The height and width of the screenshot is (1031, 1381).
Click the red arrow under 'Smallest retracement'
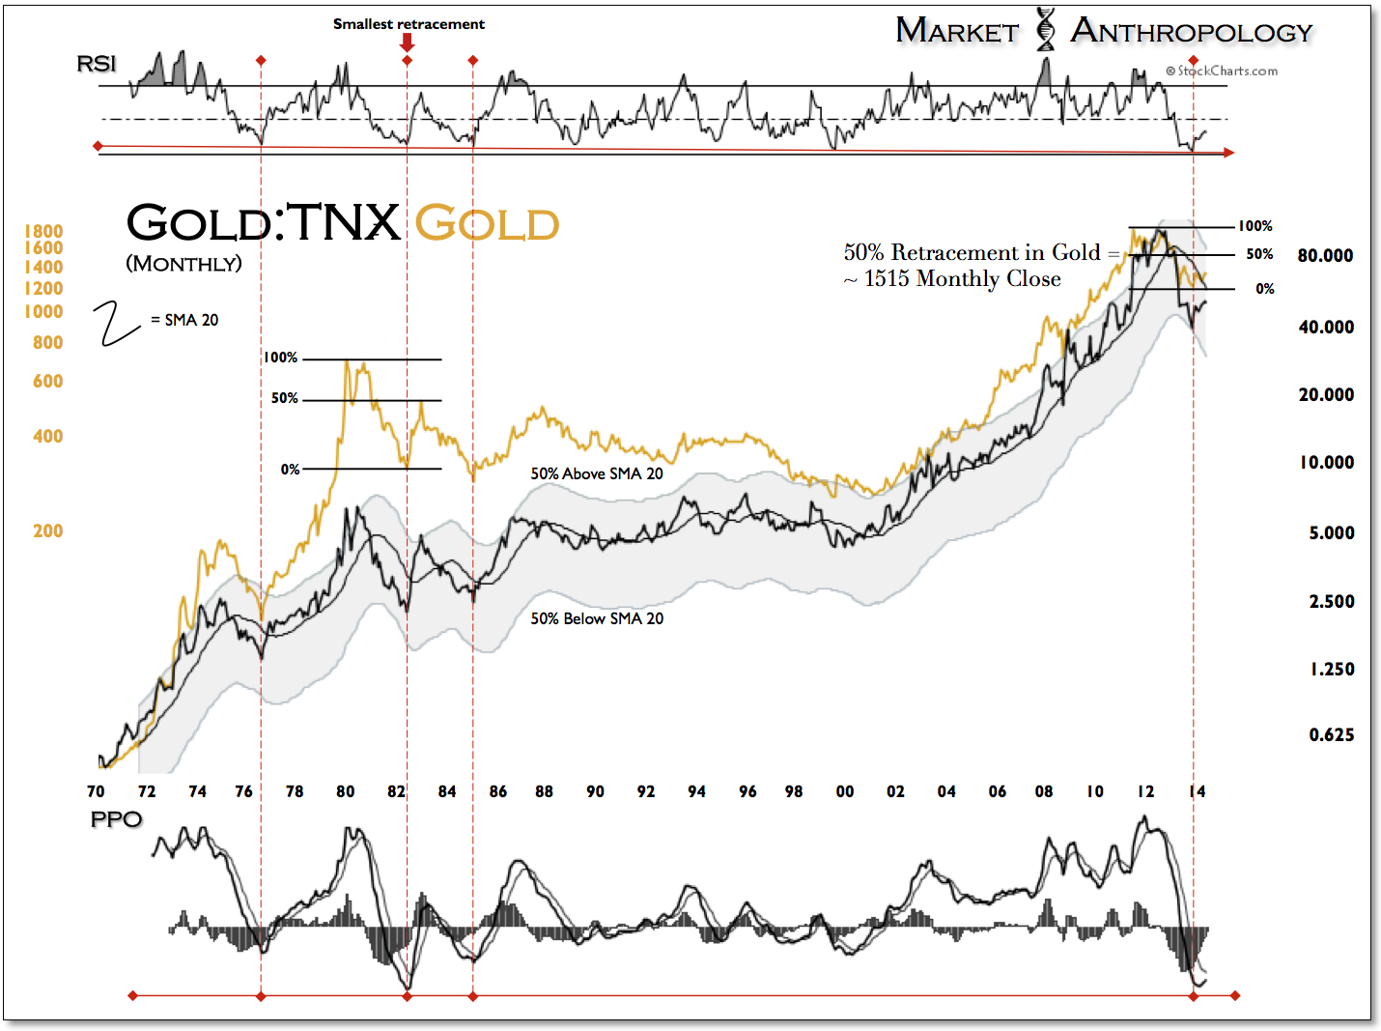click(408, 43)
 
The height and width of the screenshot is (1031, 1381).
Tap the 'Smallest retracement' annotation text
click(409, 24)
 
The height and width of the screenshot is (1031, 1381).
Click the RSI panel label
click(96, 64)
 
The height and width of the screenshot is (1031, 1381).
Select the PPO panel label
click(116, 819)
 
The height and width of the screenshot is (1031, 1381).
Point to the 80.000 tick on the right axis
click(1325, 256)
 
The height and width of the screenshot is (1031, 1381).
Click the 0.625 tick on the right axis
click(1331, 735)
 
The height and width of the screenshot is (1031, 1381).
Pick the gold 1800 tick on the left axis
click(43, 232)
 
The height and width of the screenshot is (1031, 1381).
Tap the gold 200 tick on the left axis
click(47, 531)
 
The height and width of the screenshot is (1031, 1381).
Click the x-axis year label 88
click(545, 792)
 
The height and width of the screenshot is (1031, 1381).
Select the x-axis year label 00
click(845, 792)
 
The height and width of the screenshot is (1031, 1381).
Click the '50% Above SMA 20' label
click(597, 474)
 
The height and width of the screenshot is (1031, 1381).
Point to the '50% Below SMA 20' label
click(597, 619)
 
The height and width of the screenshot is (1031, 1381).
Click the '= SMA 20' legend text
click(184, 321)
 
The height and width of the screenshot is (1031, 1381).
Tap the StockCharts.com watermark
click(1222, 71)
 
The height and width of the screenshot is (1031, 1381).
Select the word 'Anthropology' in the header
click(1192, 32)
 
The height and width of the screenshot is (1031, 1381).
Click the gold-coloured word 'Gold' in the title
click(487, 224)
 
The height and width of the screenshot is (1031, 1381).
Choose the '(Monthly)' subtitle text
click(183, 264)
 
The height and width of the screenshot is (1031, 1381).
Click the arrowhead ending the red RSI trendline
click(1228, 153)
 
